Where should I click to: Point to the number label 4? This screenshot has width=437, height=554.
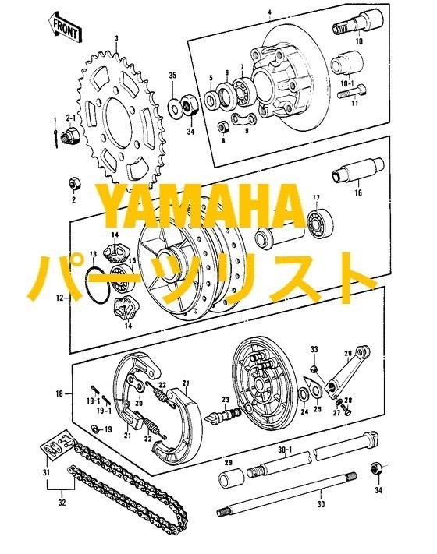click(x=268, y=12)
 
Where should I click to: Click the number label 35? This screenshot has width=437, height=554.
click(x=172, y=75)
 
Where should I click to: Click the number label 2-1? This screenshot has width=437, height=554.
click(x=69, y=118)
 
